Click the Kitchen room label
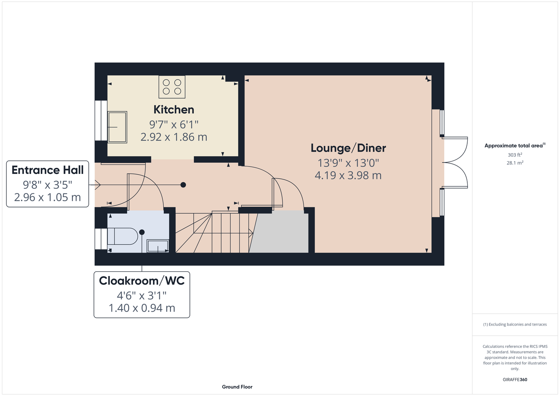174,110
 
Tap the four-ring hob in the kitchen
172,87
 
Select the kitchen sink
117,127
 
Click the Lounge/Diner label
348,148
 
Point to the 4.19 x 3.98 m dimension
348,175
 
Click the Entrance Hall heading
48,170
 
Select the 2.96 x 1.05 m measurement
48,197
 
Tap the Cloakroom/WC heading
142,281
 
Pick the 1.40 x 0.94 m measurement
142,308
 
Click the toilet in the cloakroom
122,236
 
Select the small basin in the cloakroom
157,246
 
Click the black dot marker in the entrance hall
183,185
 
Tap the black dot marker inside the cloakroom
142,232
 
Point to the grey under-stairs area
280,232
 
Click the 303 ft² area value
515,155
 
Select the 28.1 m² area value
515,163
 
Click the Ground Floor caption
237,387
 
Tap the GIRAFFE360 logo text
515,379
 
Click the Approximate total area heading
515,145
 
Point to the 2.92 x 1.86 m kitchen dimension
174,137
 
